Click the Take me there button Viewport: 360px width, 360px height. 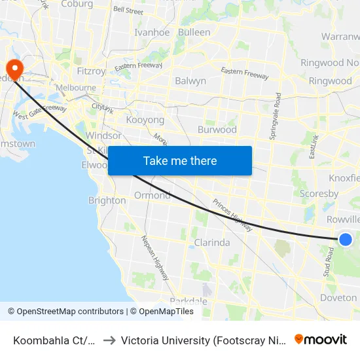pyautogui.click(x=180, y=161)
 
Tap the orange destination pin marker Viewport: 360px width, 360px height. pyautogui.click(x=13, y=69)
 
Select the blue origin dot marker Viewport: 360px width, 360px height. pyautogui.click(x=346, y=240)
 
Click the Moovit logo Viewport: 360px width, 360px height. pyautogui.click(x=321, y=340)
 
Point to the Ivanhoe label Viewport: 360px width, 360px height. pyautogui.click(x=152, y=33)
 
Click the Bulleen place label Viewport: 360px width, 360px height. pyautogui.click(x=194, y=32)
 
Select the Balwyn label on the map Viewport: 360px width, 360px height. pyautogui.click(x=190, y=81)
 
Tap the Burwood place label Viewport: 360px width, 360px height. pyautogui.click(x=217, y=130)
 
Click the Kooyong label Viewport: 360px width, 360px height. pyautogui.click(x=145, y=120)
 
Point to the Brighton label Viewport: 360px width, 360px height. pyautogui.click(x=107, y=201)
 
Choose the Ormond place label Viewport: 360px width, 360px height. pyautogui.click(x=153, y=196)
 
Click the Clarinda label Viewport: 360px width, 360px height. pyautogui.click(x=212, y=243)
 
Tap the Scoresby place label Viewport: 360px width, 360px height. pyautogui.click(x=319, y=194)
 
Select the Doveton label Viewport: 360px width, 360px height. pyautogui.click(x=338, y=298)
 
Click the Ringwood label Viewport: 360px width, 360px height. pyautogui.click(x=331, y=81)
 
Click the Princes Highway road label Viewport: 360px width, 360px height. pyautogui.click(x=232, y=215)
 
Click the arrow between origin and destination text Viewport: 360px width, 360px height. pyautogui.click(x=109, y=340)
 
